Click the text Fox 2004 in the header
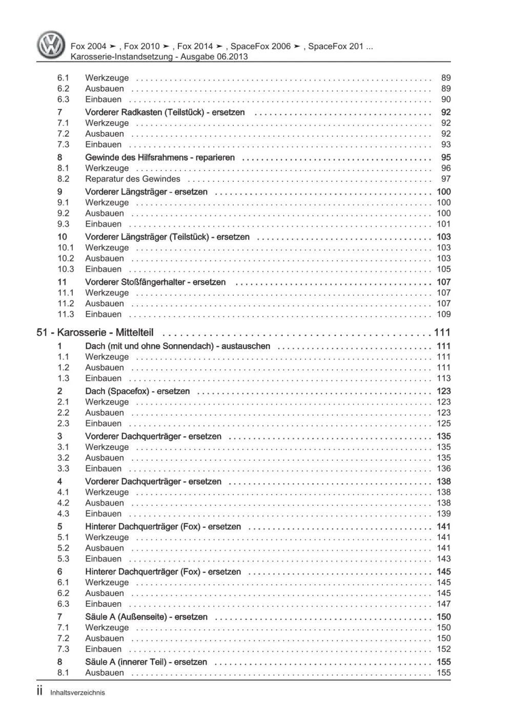point(89,46)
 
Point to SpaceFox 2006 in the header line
point(260,46)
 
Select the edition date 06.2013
point(231,57)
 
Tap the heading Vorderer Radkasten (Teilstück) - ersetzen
point(165,112)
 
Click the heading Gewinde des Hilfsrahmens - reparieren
point(160,157)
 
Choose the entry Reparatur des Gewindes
point(133,179)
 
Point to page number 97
point(446,179)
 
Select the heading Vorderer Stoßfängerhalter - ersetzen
point(155,282)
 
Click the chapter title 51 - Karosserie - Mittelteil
point(95,332)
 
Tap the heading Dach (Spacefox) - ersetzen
point(137,391)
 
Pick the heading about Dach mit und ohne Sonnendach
point(177,346)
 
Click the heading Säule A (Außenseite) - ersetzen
point(146,616)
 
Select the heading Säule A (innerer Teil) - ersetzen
point(146,662)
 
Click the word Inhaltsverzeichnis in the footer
point(77,693)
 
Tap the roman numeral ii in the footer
point(40,692)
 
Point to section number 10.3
point(66,269)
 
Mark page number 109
point(443,314)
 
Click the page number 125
point(443,423)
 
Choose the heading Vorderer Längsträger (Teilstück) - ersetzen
point(167,237)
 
